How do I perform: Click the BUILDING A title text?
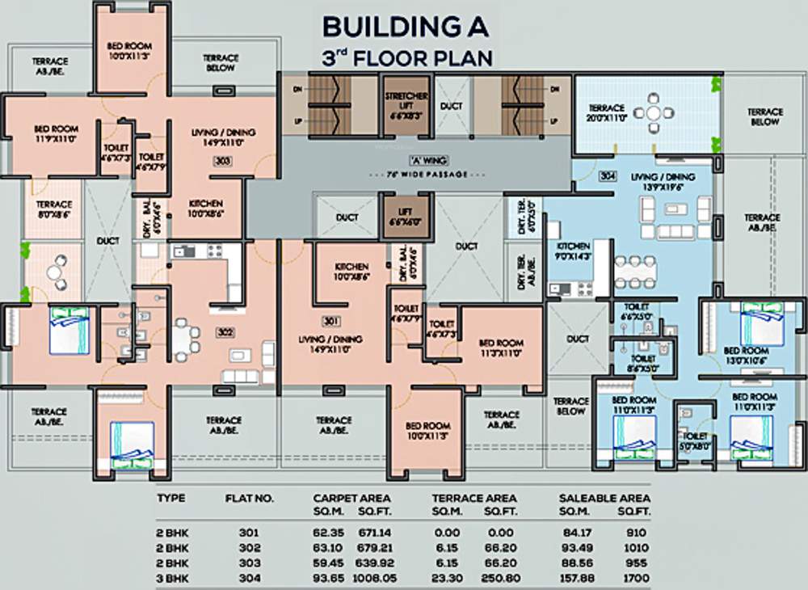[406, 27]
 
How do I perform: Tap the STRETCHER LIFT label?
[406, 104]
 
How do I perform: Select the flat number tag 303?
[223, 162]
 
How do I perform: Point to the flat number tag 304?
[608, 175]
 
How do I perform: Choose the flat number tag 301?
[330, 322]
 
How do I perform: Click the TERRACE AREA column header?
[473, 499]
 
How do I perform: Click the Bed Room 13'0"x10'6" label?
[745, 355]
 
